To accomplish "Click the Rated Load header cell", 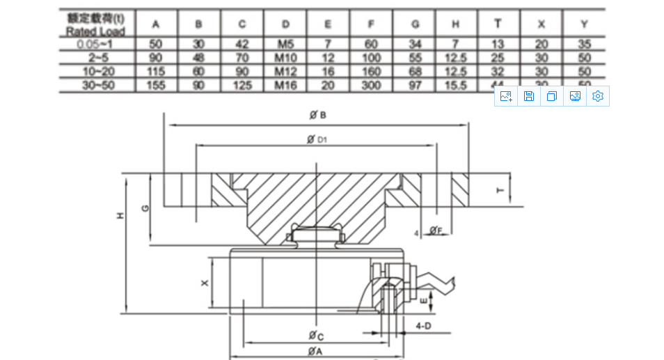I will click(x=96, y=24).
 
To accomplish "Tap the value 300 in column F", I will click(x=371, y=84).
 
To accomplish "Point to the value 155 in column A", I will click(x=157, y=84).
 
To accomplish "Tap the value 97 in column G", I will click(x=416, y=84).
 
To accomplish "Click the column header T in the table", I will click(x=497, y=24).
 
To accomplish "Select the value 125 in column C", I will click(x=242, y=84).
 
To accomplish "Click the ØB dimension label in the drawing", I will click(x=317, y=116).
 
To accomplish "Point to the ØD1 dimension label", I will click(x=317, y=139).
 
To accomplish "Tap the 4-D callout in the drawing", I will click(x=422, y=325).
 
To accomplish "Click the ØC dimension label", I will click(x=316, y=336).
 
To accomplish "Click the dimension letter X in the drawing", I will click(x=203, y=283).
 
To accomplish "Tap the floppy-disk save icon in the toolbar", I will click(x=529, y=97).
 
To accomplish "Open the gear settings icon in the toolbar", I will click(x=597, y=97).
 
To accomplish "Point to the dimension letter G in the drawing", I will click(x=143, y=208).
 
